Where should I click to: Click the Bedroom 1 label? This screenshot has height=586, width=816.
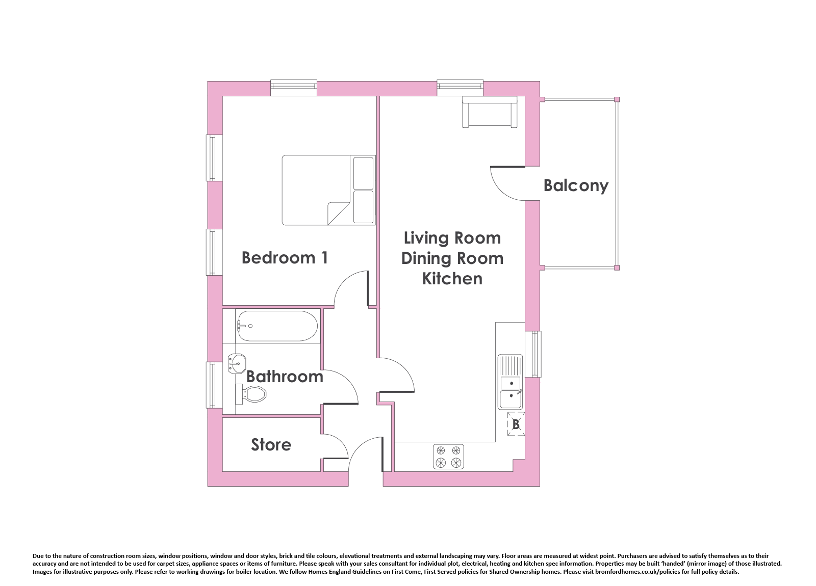(x=285, y=258)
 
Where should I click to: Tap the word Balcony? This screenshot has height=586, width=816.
(x=576, y=185)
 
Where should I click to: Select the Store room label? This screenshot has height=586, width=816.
(x=271, y=445)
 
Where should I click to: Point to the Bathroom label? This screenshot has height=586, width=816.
(x=285, y=377)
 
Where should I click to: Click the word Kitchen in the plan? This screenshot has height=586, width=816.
(x=452, y=278)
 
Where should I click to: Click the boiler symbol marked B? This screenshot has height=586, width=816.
(x=516, y=424)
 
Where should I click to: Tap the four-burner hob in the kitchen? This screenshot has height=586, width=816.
(x=448, y=457)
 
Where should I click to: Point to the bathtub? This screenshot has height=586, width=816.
(x=277, y=326)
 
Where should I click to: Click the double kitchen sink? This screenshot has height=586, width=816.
(x=511, y=382)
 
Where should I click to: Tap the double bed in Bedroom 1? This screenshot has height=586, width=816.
(x=328, y=191)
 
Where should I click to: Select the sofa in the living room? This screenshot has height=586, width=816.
(x=490, y=112)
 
